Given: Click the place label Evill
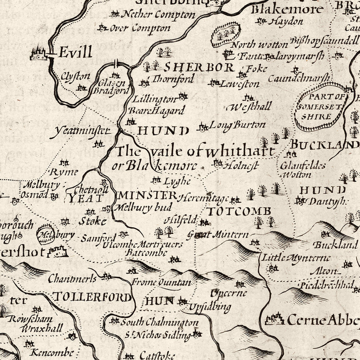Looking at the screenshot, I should tap(75, 52).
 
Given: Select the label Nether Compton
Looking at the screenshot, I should tap(158, 14).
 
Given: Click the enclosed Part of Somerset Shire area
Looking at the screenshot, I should tap(321, 107).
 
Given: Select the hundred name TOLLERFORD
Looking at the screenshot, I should tap(92, 297).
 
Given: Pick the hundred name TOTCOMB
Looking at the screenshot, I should tap(239, 211).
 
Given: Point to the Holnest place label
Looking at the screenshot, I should tap(242, 165).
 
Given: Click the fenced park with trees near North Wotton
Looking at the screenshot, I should tap(226, 33).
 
